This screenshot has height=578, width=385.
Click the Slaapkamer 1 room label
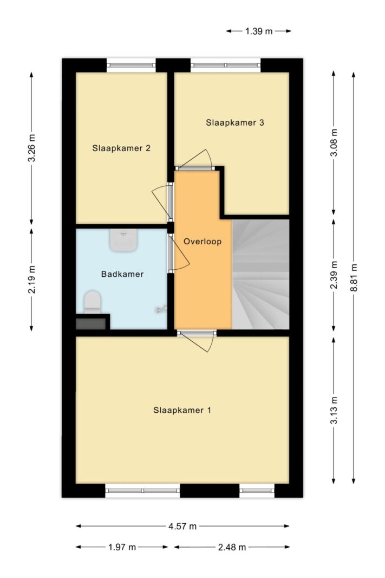click(182, 410)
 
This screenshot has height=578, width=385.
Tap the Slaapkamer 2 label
click(121, 148)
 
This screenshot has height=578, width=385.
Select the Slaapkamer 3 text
click(234, 122)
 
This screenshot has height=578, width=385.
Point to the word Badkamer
click(122, 274)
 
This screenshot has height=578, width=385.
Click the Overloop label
click(203, 242)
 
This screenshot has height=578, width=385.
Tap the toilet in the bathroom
click(93, 302)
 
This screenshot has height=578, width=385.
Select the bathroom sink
click(123, 241)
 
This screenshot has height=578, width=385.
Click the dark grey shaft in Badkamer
click(91, 323)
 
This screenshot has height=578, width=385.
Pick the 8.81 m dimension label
click(354, 277)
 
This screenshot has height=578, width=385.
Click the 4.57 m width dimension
click(182, 526)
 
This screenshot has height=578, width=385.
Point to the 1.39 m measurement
click(259, 31)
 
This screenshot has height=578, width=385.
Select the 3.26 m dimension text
click(32, 148)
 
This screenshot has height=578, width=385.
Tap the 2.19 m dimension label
click(32, 280)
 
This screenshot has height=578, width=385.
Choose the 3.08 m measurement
click(334, 142)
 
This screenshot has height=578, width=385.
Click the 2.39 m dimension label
click(334, 275)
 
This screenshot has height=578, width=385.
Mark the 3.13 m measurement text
click(334, 410)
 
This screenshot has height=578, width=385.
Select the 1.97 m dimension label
click(122, 547)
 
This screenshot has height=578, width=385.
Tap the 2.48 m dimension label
click(232, 547)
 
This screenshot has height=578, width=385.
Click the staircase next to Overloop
click(260, 274)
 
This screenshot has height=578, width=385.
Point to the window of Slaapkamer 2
click(131, 65)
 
